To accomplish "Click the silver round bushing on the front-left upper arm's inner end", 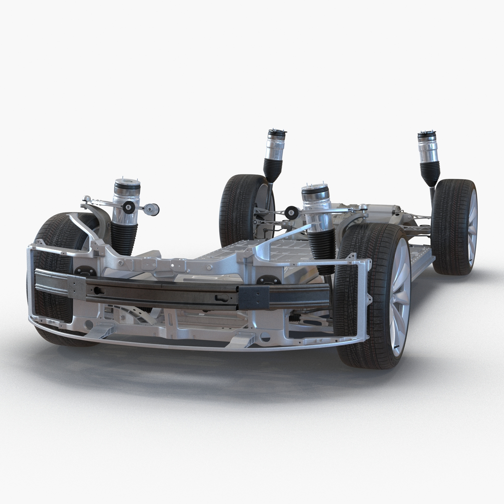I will pos(152,209).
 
